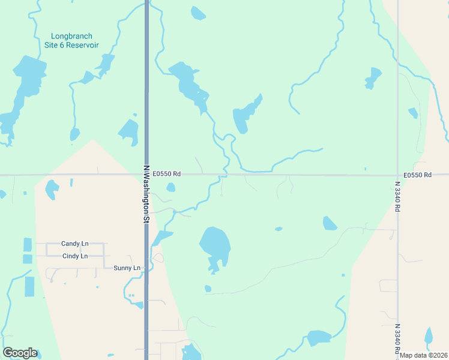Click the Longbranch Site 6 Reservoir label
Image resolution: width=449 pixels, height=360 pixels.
75,41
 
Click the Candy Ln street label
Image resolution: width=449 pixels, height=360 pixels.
74,244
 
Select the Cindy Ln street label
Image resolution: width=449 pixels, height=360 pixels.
74,256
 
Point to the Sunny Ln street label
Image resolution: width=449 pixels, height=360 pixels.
127,268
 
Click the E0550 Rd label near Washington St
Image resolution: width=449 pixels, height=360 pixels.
166,174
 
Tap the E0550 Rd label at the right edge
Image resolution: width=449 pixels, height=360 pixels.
418,175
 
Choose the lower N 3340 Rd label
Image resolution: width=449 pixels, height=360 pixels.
397,339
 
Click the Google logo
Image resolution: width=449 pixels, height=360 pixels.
20,353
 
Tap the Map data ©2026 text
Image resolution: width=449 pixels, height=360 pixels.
424,355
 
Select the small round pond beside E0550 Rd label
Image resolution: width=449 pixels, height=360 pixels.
171,187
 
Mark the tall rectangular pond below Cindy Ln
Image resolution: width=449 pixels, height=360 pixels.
30,287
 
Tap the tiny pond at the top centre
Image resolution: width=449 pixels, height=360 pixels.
198,13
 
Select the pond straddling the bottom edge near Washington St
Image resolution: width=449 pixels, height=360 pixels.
191,352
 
